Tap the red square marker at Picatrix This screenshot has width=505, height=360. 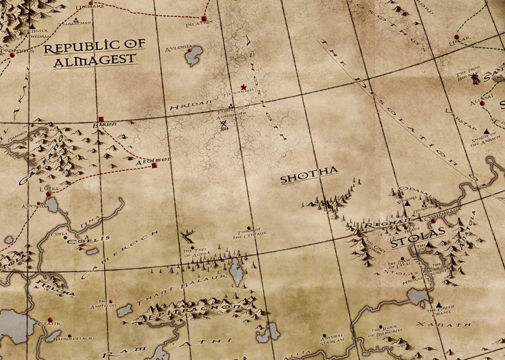[x=204, y=18]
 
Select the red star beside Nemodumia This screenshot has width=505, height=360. [x=244, y=86]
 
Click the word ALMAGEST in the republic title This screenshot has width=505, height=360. [x=95, y=59]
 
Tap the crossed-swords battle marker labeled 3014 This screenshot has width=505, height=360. [x=223, y=123]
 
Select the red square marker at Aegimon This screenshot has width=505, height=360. [x=154, y=166]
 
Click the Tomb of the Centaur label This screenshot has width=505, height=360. [x=249, y=232]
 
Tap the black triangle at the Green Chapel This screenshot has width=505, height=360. [x=439, y=304]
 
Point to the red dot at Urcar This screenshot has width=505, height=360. [x=457, y=37]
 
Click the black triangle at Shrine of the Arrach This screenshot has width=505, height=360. [x=487, y=131]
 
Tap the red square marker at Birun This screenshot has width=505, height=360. [x=101, y=119]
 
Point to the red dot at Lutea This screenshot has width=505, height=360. [x=48, y=194]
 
